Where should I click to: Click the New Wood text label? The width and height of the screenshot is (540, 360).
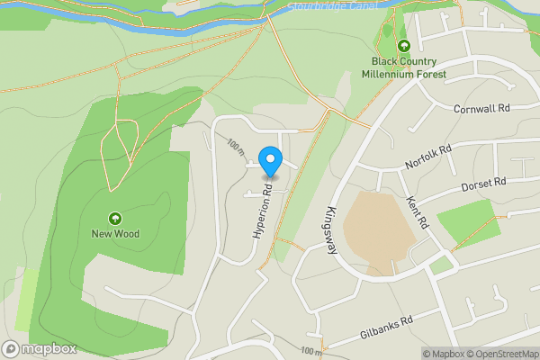pos(115,234)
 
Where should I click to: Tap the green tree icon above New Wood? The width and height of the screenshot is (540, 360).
pos(115,218)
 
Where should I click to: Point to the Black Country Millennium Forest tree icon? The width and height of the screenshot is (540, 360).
pos(403,46)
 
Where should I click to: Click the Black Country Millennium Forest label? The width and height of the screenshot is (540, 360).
pos(404,67)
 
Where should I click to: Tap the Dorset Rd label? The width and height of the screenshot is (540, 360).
pos(484,184)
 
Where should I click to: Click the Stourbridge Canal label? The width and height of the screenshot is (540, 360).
pos(334,7)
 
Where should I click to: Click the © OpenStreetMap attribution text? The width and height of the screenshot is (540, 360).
pos(499,353)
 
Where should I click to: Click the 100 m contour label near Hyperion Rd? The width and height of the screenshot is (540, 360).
pos(237,147)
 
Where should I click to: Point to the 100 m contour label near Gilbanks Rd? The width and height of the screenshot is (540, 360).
pos(310,350)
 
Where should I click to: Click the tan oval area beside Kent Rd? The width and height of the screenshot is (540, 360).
pos(379,229)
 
